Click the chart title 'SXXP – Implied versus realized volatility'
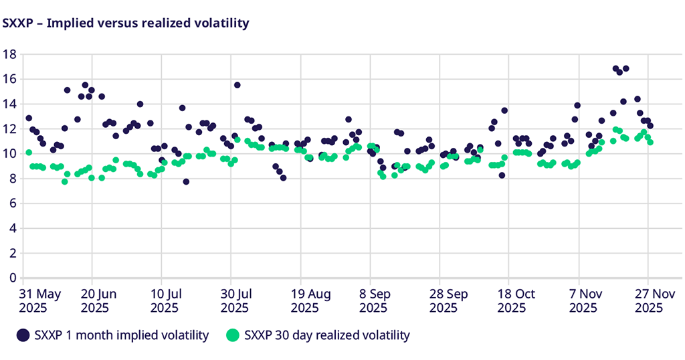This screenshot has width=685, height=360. tap(126, 23)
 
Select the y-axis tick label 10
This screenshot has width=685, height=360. tap(9, 154)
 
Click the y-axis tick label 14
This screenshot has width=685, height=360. tap(9, 104)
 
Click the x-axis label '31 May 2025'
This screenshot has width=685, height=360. tap(41, 300)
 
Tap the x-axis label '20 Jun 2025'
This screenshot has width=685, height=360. tap(98, 300)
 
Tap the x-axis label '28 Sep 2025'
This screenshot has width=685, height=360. tap(444, 300)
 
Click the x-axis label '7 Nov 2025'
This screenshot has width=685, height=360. tap(583, 300)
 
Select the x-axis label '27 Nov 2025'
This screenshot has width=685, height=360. tap(648, 300)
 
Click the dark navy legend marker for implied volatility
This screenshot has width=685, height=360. tap(23, 335)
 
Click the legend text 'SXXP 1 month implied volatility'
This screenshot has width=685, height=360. tap(121, 335)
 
